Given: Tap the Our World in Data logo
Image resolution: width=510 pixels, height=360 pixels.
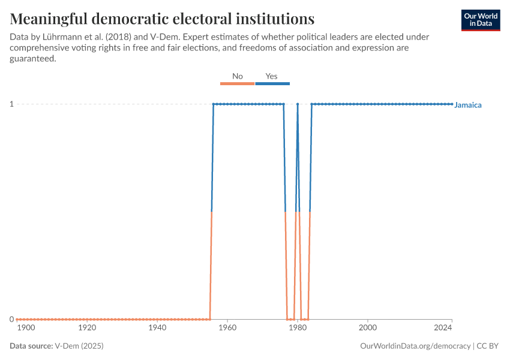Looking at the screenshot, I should click(x=481, y=20).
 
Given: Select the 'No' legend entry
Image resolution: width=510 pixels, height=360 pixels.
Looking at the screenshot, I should click(x=238, y=77).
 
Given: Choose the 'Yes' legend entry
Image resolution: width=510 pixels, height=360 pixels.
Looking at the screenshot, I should click(x=272, y=77).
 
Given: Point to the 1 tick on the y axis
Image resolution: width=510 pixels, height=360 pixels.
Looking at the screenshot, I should click(x=11, y=104).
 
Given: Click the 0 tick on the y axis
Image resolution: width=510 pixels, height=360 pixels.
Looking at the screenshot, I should click(x=11, y=319).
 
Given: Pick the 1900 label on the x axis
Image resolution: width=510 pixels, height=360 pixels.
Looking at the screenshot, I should click(x=26, y=328).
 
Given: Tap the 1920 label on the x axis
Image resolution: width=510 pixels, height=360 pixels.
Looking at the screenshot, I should click(x=88, y=328).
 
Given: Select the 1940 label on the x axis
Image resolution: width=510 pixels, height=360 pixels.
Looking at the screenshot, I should click(x=157, y=328).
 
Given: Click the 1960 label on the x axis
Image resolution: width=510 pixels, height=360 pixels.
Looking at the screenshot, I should click(x=227, y=328).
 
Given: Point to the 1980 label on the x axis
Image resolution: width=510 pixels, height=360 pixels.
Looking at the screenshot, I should click(x=297, y=328).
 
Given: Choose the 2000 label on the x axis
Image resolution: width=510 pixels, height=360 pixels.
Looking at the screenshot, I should click(x=367, y=328).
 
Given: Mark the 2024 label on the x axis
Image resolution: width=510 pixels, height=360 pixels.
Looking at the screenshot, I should click(x=443, y=328).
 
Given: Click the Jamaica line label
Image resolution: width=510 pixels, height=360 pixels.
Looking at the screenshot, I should click(x=468, y=105).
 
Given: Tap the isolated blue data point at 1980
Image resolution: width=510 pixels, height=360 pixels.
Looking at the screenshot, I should click(x=298, y=104).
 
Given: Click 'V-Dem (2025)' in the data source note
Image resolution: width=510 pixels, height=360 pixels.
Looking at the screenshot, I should click(x=74, y=346).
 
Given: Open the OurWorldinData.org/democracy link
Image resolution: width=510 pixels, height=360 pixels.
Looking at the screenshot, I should click(x=416, y=346).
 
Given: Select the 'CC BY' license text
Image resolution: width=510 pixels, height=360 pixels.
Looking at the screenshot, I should click(x=488, y=346).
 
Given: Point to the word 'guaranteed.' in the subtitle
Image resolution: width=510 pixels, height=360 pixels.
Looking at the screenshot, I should click(x=33, y=58).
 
